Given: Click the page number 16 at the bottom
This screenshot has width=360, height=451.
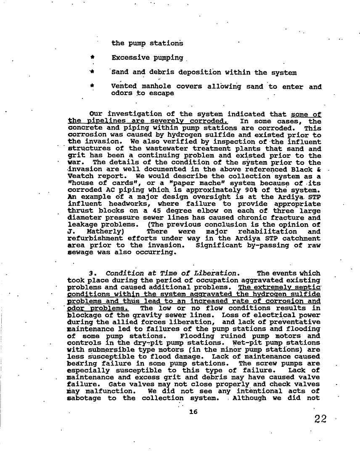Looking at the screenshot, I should point(193,412).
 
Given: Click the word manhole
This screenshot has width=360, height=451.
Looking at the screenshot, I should point(153,87).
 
